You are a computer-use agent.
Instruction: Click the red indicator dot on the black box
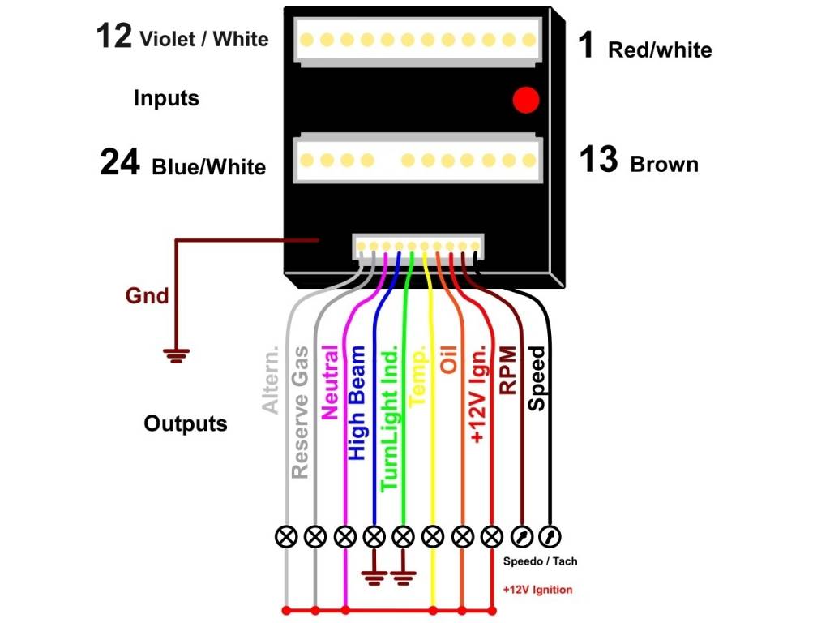point(526,100)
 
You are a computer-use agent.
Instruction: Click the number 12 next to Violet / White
point(113,36)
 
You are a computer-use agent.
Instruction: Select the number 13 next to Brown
point(599,160)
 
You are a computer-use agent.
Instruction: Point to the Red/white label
point(660,49)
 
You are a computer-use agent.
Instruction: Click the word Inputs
point(166,99)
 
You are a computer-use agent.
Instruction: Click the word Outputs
point(186,423)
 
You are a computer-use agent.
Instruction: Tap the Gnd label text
point(147,295)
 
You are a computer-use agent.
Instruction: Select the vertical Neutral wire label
point(330,381)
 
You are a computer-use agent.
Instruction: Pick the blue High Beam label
point(357,403)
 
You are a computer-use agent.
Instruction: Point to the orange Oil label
point(448,359)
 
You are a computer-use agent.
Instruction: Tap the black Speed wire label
point(537,377)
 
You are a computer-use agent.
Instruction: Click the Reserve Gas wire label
point(301,411)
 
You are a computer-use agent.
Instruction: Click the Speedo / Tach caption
point(540,561)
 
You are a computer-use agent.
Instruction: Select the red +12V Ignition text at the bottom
point(537,590)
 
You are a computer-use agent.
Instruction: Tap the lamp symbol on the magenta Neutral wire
point(345,536)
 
